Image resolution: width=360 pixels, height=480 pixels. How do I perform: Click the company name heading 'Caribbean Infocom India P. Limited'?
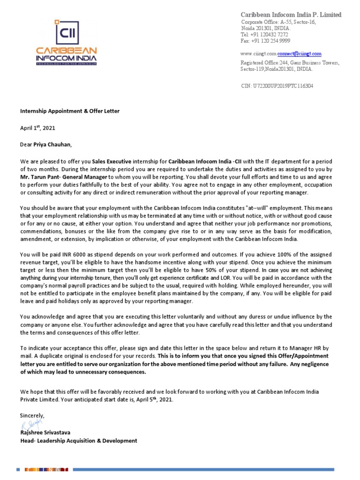pyautogui.click(x=291, y=15)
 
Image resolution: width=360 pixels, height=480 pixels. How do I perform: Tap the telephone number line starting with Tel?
pyautogui.click(x=265, y=35)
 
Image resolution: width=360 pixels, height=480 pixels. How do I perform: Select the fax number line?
pyautogui.click(x=266, y=41)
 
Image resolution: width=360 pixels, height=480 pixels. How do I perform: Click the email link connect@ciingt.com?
pyautogui.click(x=299, y=54)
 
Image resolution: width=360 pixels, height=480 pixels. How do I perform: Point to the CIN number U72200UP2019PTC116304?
pyautogui.click(x=277, y=86)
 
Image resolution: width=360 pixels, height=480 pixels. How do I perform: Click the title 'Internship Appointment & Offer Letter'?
pyautogui.click(x=69, y=111)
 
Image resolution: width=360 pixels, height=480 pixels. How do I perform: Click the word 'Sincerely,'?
pyautogui.click(x=32, y=415)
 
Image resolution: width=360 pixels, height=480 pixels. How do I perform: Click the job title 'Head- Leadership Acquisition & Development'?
pyautogui.click(x=78, y=441)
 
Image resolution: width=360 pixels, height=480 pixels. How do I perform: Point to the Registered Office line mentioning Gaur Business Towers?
pyautogui.click(x=290, y=62)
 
